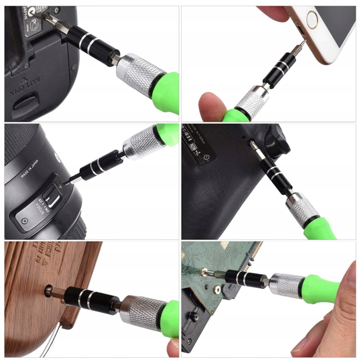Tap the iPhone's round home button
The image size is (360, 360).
pyautogui.click(x=312, y=19)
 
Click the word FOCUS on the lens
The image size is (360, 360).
pyautogui.click(x=40, y=208)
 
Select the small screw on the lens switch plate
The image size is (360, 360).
pyautogui.click(x=25, y=220)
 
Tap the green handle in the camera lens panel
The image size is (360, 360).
pyautogui.click(x=169, y=133)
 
